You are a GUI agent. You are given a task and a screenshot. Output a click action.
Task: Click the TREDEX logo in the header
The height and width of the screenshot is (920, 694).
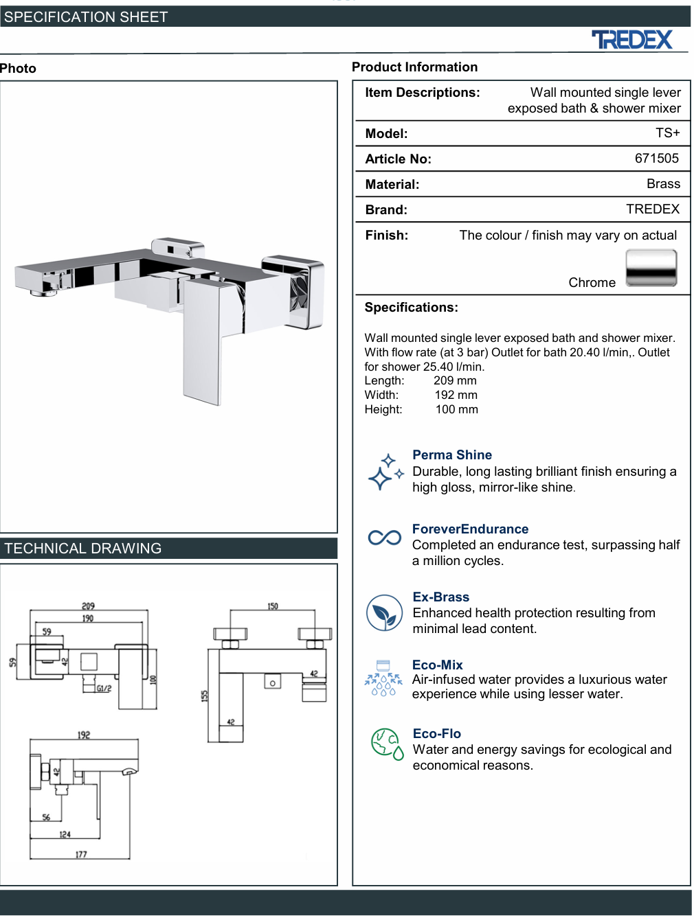(x=631, y=39)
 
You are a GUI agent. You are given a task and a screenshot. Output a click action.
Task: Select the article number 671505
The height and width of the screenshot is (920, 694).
(x=656, y=159)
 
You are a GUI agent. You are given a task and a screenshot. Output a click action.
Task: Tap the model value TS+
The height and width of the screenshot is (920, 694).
(x=667, y=133)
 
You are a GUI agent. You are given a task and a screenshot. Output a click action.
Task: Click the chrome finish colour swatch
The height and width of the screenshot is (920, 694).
(x=651, y=268)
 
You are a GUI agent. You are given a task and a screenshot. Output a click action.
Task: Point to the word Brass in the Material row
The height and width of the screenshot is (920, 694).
(x=662, y=183)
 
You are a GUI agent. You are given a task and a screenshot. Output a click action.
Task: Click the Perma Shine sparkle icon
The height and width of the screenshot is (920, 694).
(x=385, y=472)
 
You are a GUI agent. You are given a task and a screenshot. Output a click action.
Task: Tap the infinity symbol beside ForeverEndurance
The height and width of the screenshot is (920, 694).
(x=384, y=538)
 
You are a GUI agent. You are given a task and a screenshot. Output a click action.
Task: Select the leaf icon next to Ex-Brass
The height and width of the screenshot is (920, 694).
(x=384, y=613)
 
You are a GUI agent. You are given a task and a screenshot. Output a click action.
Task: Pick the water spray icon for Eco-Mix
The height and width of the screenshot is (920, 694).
(x=383, y=678)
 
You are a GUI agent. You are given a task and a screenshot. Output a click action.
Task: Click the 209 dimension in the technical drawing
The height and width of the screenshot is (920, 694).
(x=88, y=606)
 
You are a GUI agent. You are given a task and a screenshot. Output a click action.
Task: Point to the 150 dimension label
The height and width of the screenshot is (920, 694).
(x=273, y=606)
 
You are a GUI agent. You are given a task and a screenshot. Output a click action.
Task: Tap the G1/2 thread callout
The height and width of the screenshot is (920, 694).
(x=104, y=688)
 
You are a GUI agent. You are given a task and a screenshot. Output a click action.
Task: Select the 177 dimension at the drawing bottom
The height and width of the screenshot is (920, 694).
(x=81, y=854)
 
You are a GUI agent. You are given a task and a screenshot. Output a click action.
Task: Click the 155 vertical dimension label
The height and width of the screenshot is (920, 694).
(x=205, y=695)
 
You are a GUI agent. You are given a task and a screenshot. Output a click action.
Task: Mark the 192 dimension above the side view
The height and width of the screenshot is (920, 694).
(x=83, y=735)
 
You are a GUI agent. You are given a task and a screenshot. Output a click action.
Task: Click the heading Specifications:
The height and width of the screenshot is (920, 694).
(x=411, y=307)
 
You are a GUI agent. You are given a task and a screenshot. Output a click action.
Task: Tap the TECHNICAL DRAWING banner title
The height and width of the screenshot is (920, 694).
(x=82, y=549)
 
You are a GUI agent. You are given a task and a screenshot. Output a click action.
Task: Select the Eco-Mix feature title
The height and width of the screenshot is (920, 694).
(x=438, y=665)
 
